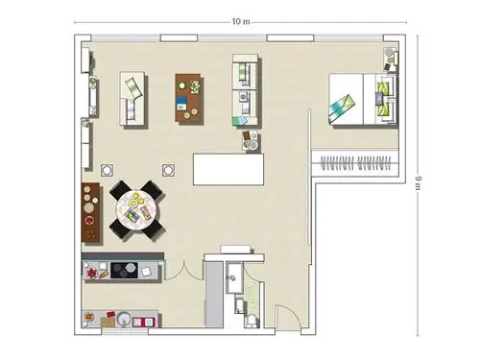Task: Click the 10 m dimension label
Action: tap(240, 22)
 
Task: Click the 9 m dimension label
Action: tap(418, 183)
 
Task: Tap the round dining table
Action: tap(138, 209)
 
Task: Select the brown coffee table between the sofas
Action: tap(188, 98)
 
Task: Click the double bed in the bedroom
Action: tap(363, 99)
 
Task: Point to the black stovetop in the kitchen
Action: tap(124, 271)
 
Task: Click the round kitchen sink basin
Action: tap(123, 319)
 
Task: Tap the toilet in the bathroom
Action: tap(252, 321)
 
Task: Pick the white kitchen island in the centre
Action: tap(228, 169)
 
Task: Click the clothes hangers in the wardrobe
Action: tap(356, 163)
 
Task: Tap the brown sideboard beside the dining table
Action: tap(90, 212)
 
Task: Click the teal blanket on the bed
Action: tap(342, 107)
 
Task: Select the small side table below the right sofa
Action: tap(251, 140)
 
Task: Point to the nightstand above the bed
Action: tap(391, 60)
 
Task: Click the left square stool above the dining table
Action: tap(107, 170)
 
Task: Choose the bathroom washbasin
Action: tap(234, 277)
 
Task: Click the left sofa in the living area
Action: tap(132, 98)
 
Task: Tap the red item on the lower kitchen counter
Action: tap(110, 314)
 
